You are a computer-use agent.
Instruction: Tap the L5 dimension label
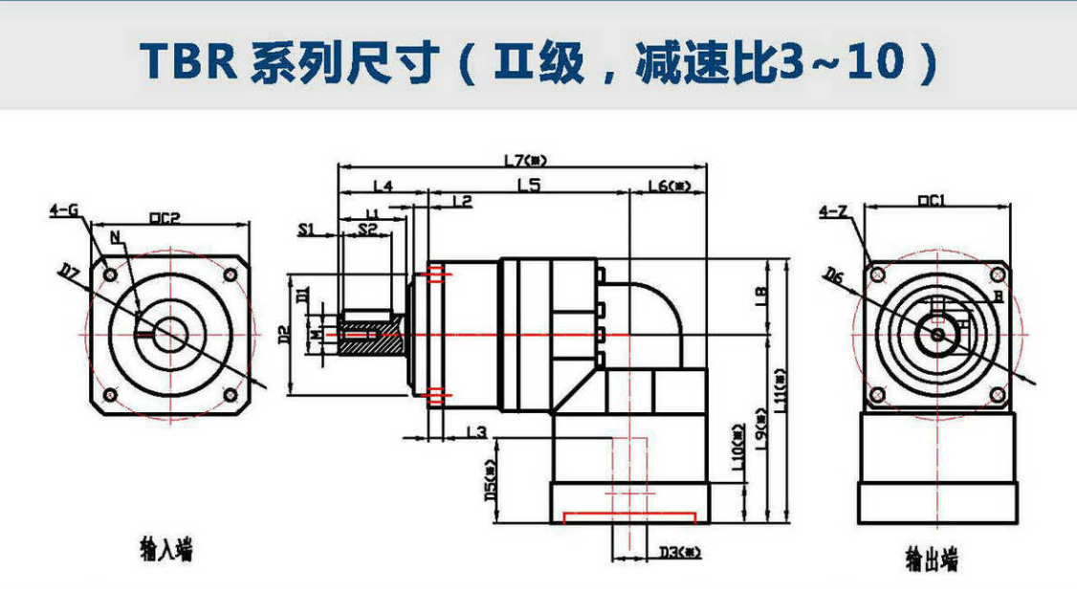(x=528, y=185)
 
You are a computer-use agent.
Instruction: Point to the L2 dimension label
(x=461, y=201)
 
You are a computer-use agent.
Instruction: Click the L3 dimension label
(x=475, y=433)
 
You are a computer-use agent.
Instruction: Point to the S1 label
(x=306, y=229)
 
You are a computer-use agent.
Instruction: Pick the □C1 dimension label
(x=931, y=201)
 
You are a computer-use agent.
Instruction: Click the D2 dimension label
(x=283, y=335)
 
